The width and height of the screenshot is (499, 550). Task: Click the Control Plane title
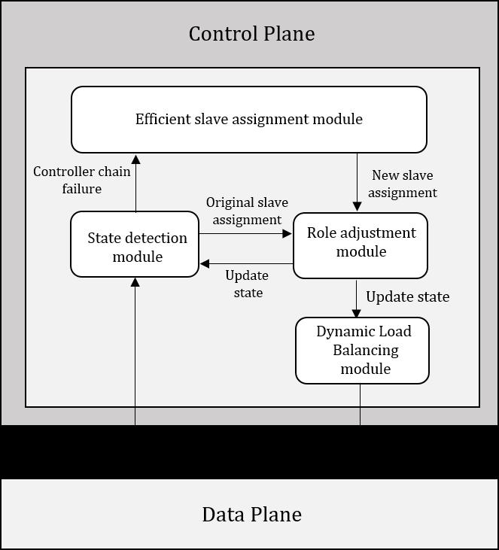point(251,34)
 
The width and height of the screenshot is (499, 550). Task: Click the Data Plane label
point(251,515)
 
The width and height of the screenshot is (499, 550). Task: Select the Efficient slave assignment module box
point(248,119)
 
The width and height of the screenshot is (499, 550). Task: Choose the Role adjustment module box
point(361,245)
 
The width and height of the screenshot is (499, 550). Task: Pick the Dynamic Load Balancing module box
point(362,351)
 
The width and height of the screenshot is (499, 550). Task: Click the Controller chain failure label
point(82,180)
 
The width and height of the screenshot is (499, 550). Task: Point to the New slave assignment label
point(403,184)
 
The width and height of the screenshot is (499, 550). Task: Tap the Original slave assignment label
point(247,211)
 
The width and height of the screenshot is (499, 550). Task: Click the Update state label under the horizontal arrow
point(247,284)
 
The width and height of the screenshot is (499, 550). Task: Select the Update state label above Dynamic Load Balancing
point(407,296)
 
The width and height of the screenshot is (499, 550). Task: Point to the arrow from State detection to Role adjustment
point(245,234)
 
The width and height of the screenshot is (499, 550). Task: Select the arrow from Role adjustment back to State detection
point(245,264)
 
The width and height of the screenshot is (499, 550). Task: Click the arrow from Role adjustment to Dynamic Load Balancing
point(357,298)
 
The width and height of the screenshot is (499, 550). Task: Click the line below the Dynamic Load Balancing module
point(360,404)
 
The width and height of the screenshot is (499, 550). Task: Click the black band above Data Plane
point(249,451)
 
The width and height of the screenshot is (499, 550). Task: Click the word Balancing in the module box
point(365,351)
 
